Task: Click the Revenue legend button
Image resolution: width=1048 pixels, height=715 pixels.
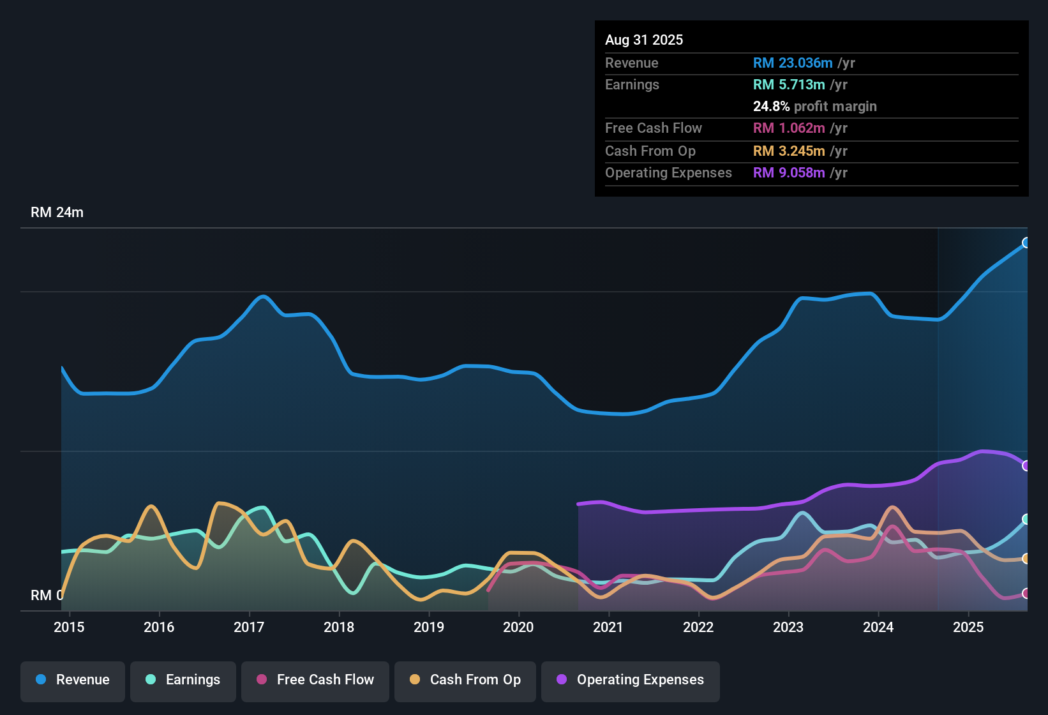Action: [x=73, y=680]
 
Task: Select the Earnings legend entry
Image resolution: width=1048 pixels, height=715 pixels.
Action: [x=183, y=680]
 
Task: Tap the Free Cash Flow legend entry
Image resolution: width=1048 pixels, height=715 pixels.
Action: [x=315, y=680]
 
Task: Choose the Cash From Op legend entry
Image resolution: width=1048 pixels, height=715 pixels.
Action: [x=465, y=680]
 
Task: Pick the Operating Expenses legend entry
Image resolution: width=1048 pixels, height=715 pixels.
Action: [x=631, y=680]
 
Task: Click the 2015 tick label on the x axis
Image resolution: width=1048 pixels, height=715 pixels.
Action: [x=69, y=627]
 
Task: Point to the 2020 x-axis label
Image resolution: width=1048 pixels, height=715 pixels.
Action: [x=518, y=627]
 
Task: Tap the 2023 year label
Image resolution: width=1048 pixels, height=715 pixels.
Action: [x=788, y=627]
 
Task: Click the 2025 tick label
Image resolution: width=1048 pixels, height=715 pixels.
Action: [x=968, y=627]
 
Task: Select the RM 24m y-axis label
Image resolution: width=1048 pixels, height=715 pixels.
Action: [x=57, y=213]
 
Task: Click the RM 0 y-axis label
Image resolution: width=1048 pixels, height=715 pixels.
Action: [x=47, y=595]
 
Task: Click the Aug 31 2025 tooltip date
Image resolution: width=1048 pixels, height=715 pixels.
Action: [x=644, y=40]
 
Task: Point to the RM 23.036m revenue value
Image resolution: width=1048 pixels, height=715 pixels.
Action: [x=793, y=63]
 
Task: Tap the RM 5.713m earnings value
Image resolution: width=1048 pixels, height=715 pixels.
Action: [x=789, y=85]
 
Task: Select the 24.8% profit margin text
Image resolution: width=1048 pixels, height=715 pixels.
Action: [x=814, y=107]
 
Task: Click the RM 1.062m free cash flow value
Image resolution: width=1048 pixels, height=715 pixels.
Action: [x=789, y=128]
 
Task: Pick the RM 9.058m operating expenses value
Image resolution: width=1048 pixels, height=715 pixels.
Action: [x=789, y=173]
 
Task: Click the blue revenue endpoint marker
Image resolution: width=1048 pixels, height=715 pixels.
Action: [x=1026, y=243]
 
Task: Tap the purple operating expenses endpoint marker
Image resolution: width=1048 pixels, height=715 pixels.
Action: [x=1026, y=465]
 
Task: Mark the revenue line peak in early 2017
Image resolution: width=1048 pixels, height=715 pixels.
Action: [x=263, y=296]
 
